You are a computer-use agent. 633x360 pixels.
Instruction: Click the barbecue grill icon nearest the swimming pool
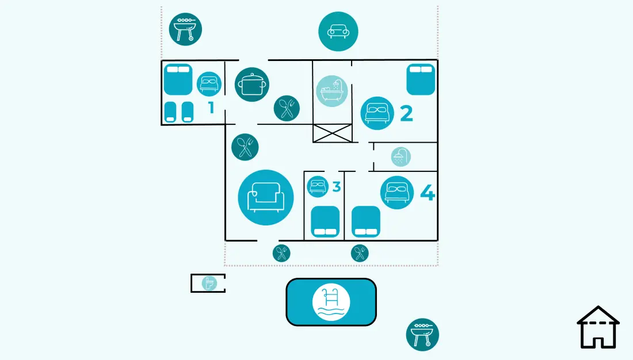(x=422, y=335)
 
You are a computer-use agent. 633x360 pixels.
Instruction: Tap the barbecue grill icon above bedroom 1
(x=185, y=29)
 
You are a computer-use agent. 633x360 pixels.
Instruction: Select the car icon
(x=338, y=32)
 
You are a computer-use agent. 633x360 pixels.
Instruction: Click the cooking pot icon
(x=252, y=85)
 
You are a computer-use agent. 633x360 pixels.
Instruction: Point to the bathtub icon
(x=332, y=91)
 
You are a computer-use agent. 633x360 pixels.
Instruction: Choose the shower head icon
(x=401, y=156)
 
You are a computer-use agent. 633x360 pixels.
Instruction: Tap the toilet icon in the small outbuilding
(x=209, y=283)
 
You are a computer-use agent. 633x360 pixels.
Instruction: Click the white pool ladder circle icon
(x=331, y=302)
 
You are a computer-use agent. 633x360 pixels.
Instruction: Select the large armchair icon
(x=266, y=197)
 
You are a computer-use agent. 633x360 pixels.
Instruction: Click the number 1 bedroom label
(x=211, y=108)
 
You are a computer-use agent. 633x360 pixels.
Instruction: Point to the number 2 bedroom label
(x=406, y=113)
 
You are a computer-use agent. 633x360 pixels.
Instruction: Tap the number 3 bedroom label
(x=337, y=187)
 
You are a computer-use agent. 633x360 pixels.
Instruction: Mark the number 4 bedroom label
(x=428, y=193)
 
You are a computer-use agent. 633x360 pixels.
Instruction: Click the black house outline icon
(x=598, y=327)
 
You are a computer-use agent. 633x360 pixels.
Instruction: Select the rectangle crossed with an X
(x=332, y=133)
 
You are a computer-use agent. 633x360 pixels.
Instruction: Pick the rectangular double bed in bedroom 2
(x=421, y=79)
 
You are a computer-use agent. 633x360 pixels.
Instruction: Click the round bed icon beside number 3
(x=318, y=186)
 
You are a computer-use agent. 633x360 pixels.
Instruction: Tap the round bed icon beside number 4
(x=397, y=193)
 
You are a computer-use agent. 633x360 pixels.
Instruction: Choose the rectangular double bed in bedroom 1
(x=178, y=79)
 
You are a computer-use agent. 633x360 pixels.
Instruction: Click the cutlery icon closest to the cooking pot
(x=287, y=108)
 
